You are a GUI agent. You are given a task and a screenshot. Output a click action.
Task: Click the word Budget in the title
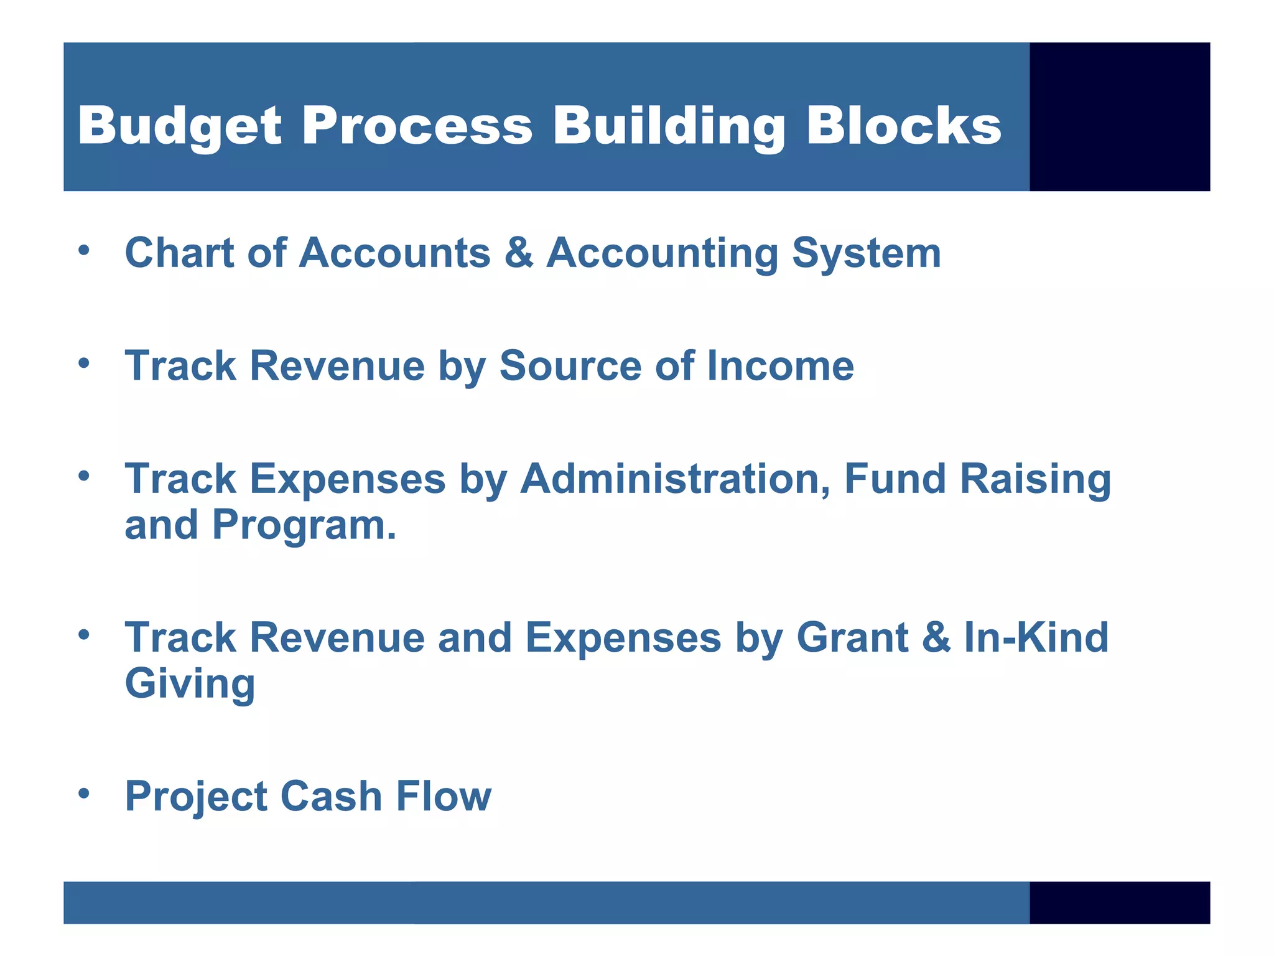point(180,126)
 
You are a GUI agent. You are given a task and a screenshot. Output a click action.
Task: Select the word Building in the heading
point(669,126)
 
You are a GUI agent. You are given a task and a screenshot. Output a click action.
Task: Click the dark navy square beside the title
point(1119,116)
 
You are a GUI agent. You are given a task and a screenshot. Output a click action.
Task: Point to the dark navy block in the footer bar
point(1119,902)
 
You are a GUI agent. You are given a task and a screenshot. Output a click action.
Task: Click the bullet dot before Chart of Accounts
point(85,251)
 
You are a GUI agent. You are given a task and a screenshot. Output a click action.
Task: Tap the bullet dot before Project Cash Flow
point(85,794)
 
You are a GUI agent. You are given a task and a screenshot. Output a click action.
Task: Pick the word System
point(866,254)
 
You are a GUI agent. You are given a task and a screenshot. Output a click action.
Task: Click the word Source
point(570,365)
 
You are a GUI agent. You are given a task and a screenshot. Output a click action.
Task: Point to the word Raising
point(1035,480)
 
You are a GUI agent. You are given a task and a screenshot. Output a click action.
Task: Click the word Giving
point(190,685)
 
